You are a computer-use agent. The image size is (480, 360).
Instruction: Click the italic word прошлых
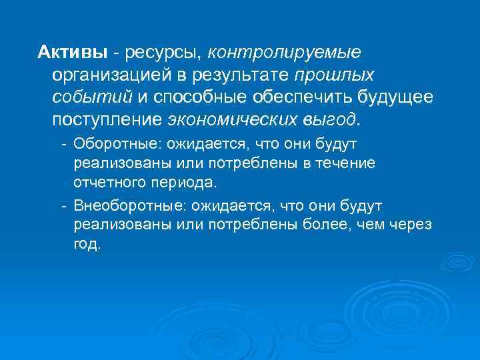[334, 75]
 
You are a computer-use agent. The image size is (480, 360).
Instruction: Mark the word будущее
[395, 98]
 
